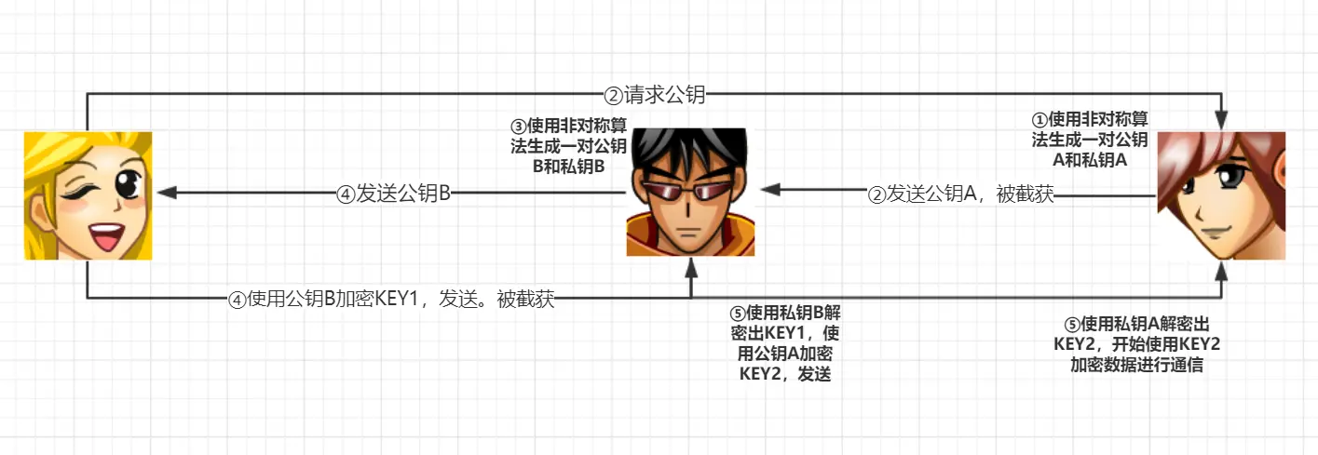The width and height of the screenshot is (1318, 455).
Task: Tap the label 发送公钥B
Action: (x=394, y=194)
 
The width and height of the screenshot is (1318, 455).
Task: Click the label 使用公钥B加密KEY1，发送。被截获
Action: (x=391, y=300)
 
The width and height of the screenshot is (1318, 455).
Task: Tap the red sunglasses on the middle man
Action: (x=688, y=193)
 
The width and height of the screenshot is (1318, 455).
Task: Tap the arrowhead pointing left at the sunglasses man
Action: (x=769, y=188)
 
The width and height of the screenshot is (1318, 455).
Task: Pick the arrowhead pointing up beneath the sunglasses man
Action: (x=691, y=267)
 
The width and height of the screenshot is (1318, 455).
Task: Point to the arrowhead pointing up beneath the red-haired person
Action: (x=1221, y=269)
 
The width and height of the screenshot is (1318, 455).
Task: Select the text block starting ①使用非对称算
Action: (x=1089, y=140)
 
